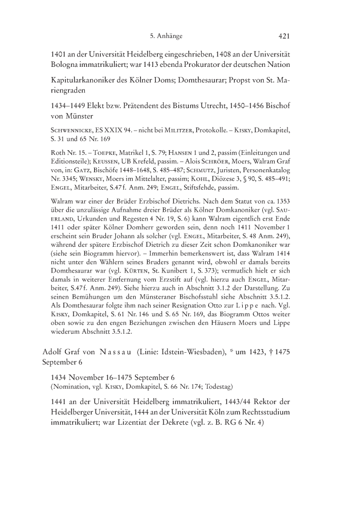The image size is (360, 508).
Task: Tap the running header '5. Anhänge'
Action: pyautogui.click(x=166, y=37)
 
